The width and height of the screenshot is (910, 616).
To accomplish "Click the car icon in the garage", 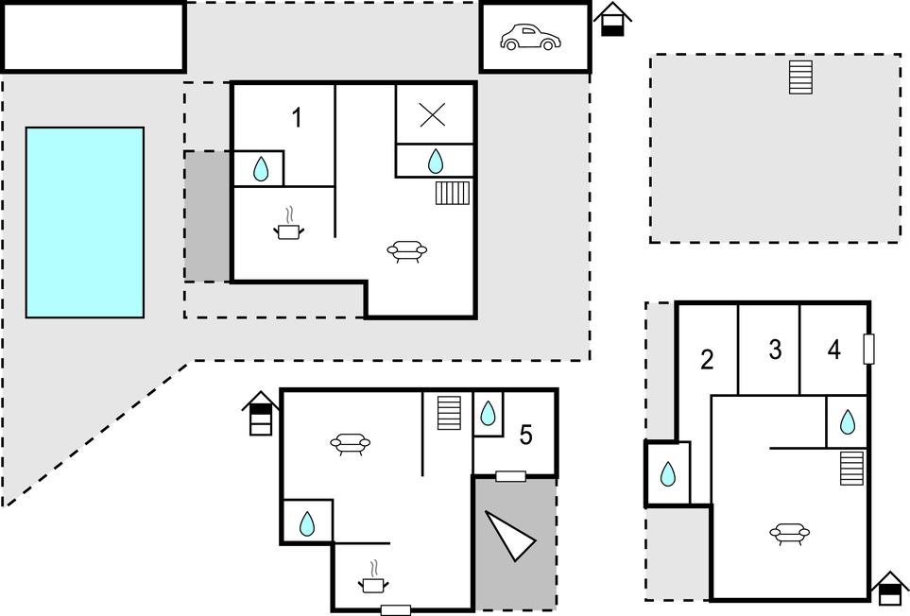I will click(x=530, y=38).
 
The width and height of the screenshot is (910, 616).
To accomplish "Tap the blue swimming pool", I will click(x=85, y=222).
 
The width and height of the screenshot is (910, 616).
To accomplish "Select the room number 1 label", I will click(x=297, y=118).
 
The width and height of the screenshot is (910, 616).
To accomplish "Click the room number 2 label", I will click(x=707, y=359).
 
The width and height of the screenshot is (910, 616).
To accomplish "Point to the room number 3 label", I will click(x=775, y=350).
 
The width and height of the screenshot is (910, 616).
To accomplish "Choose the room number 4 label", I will click(x=833, y=350).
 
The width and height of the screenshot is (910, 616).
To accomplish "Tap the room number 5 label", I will click(x=526, y=435).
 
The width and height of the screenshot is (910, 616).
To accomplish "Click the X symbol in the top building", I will click(x=433, y=114).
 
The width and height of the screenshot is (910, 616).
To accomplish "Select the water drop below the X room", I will click(x=435, y=162).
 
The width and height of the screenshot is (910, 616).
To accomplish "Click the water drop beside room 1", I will click(x=262, y=170).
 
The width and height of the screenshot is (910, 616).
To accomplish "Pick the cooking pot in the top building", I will click(x=290, y=227).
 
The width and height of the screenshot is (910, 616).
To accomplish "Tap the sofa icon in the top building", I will click(x=407, y=250).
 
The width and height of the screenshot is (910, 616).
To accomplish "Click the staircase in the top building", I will click(x=453, y=193).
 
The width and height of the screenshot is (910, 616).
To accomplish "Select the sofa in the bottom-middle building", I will click(x=350, y=442).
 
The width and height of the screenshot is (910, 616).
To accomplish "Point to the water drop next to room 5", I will click(x=488, y=413).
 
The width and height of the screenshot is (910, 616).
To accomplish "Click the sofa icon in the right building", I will click(x=789, y=535).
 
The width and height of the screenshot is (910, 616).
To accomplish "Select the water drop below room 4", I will click(x=848, y=421).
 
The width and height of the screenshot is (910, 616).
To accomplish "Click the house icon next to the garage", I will click(x=612, y=19).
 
